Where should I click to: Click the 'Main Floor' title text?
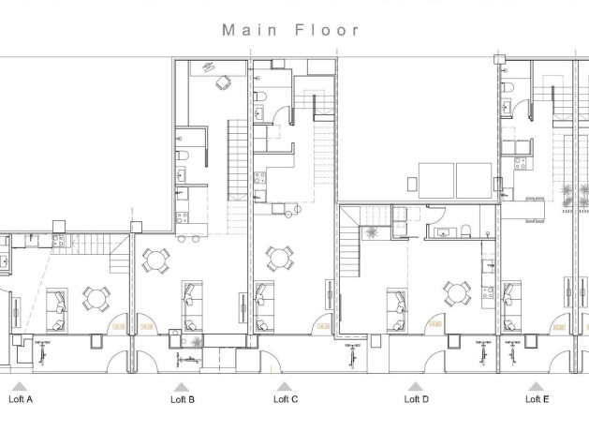(x=290, y=29)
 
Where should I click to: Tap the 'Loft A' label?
(x=21, y=399)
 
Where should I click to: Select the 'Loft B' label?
(x=183, y=399)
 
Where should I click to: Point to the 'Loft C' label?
(x=286, y=399)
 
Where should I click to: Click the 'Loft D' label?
(x=417, y=399)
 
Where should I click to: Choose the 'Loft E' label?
(x=537, y=399)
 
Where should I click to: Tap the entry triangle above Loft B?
(x=182, y=385)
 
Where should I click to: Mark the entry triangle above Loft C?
(x=285, y=385)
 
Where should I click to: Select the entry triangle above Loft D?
(x=416, y=385)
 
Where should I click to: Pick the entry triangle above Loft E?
(x=536, y=385)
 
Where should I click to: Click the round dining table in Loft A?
(x=96, y=298)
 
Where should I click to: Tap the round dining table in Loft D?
(x=456, y=292)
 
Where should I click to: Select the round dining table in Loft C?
(x=277, y=257)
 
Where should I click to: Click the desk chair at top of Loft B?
(x=222, y=82)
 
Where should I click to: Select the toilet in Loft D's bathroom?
(x=465, y=230)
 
